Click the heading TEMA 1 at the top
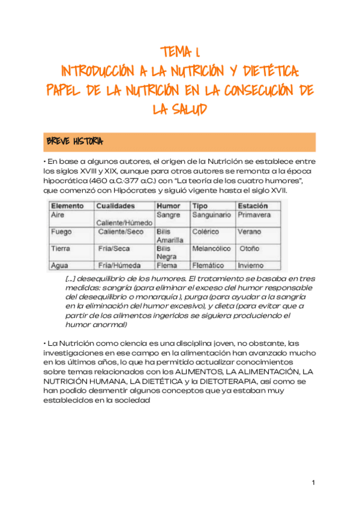(181, 53)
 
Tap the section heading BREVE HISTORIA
(74, 142)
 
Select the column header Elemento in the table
(67, 205)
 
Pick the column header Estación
(253, 205)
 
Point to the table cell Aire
(58, 214)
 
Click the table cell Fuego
(62, 231)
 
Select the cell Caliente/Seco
(121, 231)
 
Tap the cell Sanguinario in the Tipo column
(212, 214)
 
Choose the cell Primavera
(254, 214)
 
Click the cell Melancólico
(212, 248)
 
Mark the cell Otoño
(250, 248)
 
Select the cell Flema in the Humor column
(166, 265)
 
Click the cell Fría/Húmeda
(119, 265)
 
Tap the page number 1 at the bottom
(313, 483)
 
